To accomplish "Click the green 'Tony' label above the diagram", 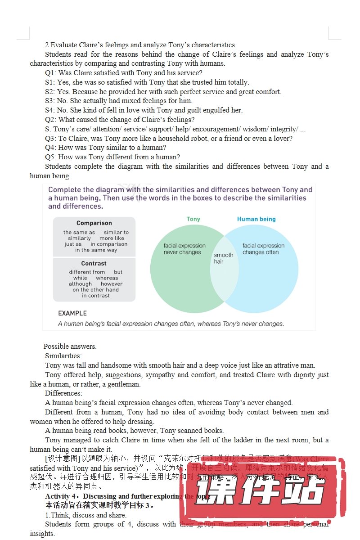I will pos(193,219).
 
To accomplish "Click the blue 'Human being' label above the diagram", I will pos(256,219).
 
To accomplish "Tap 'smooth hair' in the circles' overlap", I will pos(223,258).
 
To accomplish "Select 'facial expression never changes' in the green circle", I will pos(184,249).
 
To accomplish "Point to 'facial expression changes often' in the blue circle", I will pos(263,249).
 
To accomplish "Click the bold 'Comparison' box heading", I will pos(94,223).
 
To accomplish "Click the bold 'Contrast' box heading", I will pos(94,263).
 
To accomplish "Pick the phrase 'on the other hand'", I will pos(95,290).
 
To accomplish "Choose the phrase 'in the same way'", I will pos(96,250).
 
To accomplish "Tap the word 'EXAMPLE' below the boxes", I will pos(72,313).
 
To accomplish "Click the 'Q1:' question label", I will pos(51,73).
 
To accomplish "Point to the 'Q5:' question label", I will pos(51,157).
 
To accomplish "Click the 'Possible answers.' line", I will pos(70,346).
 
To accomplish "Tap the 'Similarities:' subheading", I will pos(63,356).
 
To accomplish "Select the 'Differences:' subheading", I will pos(63,393).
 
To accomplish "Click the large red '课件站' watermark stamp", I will pos(263,495).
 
